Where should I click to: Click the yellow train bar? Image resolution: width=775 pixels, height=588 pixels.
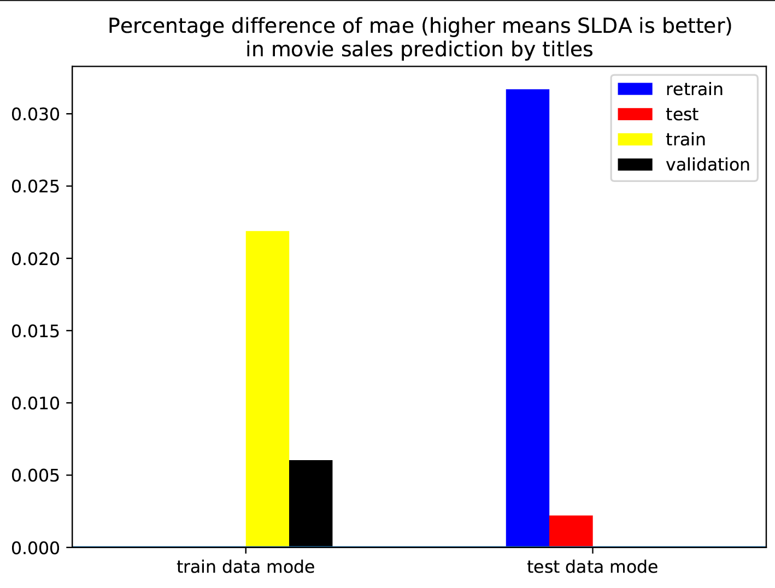[267, 389]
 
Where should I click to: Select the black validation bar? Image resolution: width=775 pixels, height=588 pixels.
[310, 503]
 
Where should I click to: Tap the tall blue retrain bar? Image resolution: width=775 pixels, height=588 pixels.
[527, 317]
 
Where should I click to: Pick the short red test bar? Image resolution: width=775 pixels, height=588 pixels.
[571, 531]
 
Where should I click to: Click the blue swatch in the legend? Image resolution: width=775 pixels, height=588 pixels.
[635, 89]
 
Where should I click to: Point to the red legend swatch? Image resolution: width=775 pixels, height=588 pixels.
[635, 114]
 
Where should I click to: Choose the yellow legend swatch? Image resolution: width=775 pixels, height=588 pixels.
[635, 139]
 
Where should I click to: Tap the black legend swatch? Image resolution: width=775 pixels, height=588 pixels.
[635, 164]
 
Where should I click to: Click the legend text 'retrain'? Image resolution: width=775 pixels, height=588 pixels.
[694, 89]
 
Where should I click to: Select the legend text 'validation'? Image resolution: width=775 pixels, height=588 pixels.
[708, 164]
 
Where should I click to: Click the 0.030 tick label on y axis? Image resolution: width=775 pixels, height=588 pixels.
[35, 114]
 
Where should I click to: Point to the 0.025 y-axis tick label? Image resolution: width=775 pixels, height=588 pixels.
[35, 186]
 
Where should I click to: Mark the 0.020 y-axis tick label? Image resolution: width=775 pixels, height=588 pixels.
[35, 258]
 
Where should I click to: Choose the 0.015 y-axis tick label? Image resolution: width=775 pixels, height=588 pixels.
[35, 331]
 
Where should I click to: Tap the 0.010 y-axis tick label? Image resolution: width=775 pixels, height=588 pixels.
[35, 403]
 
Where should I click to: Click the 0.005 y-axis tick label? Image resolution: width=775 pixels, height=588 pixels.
[35, 475]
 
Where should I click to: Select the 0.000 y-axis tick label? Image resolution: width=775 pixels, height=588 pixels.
[35, 548]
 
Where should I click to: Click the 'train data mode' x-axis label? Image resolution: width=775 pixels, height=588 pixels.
[245, 567]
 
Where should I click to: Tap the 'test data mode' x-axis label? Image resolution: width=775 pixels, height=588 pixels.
[592, 567]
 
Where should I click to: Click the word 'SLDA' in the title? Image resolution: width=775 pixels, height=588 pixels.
[599, 26]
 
